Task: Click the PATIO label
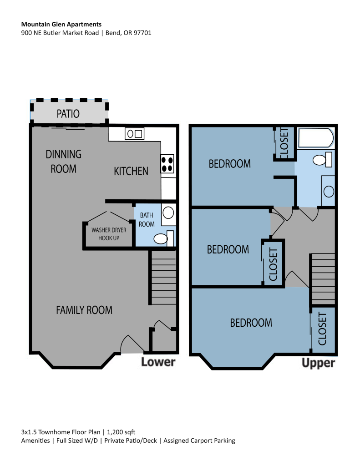coord(68,114)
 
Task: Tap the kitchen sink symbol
coord(134,134)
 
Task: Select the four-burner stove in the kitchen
coord(167,164)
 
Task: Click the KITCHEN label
coord(131,171)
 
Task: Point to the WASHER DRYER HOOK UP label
coord(109,234)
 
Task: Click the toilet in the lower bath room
coord(163,238)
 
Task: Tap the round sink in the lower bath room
coord(168,213)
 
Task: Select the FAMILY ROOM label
coord(84,310)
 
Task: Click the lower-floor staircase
coord(163,278)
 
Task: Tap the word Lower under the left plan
coord(158,362)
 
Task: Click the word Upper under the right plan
coord(318,363)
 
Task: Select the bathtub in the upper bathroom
coord(316,138)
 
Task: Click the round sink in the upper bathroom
coord(329,191)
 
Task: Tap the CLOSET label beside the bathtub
coord(284,143)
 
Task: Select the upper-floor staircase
coord(323,279)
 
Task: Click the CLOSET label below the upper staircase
coord(322,329)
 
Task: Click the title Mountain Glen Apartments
coord(61,25)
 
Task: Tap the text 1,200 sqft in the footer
coord(121,432)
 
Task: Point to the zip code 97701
coord(142,33)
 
